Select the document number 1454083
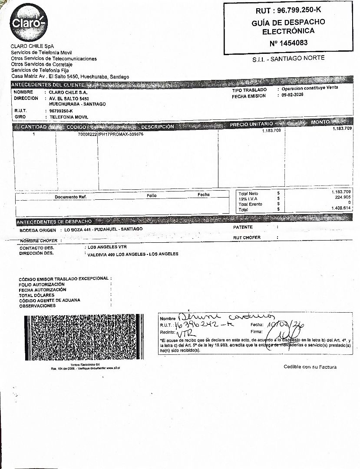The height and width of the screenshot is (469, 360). [288, 43]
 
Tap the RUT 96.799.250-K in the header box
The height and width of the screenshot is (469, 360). [288, 10]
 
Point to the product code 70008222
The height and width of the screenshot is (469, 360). [87, 135]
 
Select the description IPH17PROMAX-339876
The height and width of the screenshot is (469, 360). [121, 135]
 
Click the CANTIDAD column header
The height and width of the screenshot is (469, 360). [34, 127]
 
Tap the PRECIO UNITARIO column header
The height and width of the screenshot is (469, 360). [251, 125]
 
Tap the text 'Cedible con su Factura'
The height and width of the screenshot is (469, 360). [310, 367]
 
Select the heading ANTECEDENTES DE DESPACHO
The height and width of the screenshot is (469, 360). [54, 222]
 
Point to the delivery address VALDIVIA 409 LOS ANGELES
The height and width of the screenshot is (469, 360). [132, 254]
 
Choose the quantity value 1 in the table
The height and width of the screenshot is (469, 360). [34, 135]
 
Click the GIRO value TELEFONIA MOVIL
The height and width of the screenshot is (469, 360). [69, 117]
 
